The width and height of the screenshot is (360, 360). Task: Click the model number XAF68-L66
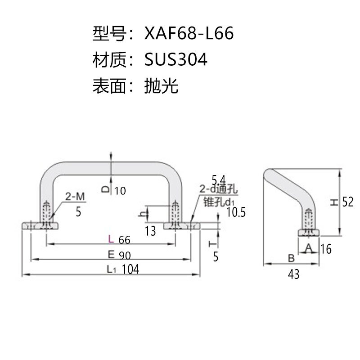coord(189,33)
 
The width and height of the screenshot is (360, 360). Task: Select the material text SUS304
coord(176,59)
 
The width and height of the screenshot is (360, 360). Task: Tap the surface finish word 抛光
coord(161,86)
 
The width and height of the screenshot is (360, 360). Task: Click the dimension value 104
coord(130,269)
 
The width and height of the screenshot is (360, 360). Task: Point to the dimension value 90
coord(125,256)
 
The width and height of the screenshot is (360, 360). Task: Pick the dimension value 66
coord(125,240)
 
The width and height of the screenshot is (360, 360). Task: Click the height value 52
coord(348,202)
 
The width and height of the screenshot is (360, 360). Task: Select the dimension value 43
coord(294,274)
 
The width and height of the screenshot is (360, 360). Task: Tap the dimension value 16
coord(326,249)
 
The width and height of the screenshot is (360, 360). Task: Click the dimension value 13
coord(150,231)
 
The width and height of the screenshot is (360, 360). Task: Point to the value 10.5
coord(236,212)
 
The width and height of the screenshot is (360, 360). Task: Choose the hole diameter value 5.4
coord(219,180)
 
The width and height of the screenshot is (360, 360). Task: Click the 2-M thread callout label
coord(75,197)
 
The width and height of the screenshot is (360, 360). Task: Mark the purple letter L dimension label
coord(111,239)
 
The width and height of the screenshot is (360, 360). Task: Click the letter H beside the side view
coord(334,202)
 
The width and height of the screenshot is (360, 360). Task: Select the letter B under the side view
coord(291,258)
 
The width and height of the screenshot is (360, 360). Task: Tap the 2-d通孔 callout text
coord(218,189)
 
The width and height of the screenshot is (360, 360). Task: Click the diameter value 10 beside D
coord(120,191)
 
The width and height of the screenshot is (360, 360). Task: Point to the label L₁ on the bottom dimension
coord(111,270)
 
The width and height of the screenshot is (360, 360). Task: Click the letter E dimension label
coord(111,254)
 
